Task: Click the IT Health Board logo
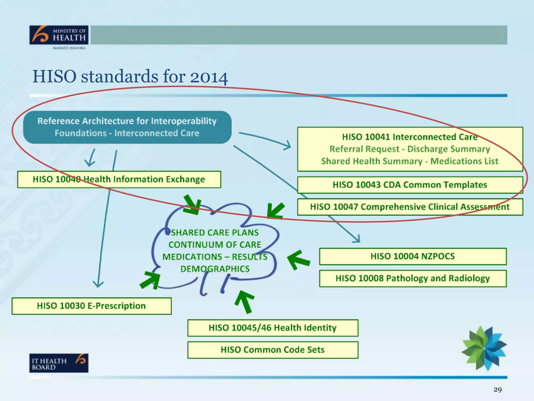pos(59,363)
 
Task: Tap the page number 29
pos(497,390)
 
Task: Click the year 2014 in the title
pos(209,77)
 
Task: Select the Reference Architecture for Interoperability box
pos(127,127)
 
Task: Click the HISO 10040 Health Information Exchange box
pos(119,179)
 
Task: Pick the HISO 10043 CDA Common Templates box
pos(410,185)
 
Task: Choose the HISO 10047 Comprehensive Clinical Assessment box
pos(410,207)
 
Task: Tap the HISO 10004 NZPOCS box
pos(412,256)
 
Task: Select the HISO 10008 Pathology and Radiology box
pos(412,278)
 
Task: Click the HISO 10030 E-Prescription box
pos(91,306)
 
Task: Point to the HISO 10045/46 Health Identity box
pos(272,328)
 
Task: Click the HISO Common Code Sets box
pos(272,350)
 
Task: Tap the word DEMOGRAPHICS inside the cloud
pos(215,269)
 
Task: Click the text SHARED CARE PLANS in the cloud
pos(215,232)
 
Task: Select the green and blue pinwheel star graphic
pos(484,348)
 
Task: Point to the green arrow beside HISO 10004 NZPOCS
pos(298,260)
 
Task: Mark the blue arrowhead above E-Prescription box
pos(98,284)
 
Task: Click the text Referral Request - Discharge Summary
pos(410,149)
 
